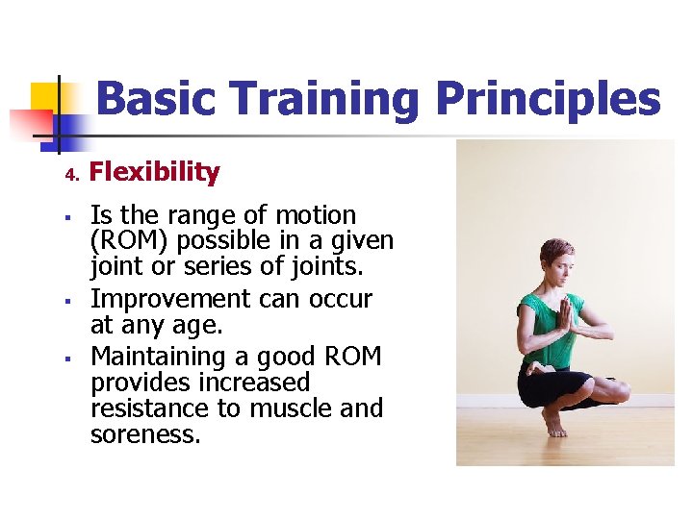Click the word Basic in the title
156,99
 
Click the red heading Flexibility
154,172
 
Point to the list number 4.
70,175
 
